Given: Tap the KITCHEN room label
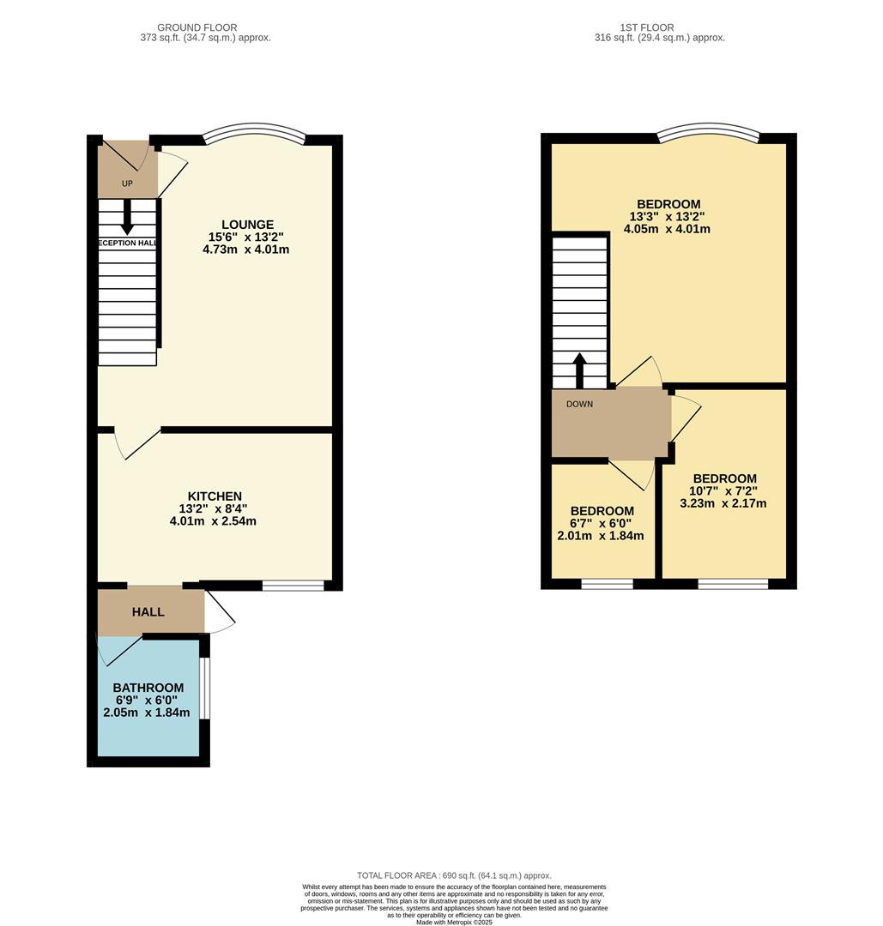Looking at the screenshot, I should click(x=215, y=496).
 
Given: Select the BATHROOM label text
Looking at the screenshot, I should click(x=148, y=688).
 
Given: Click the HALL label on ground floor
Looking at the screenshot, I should click(x=148, y=612).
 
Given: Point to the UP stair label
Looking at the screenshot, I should click(x=127, y=183).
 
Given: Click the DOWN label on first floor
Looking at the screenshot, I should click(x=579, y=404).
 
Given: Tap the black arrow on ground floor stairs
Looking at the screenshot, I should click(x=127, y=217).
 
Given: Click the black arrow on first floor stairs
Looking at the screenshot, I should click(x=579, y=370).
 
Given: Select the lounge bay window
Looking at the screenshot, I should click(x=254, y=132).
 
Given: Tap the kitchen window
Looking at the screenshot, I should click(x=293, y=586).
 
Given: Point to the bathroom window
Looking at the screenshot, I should click(x=204, y=688).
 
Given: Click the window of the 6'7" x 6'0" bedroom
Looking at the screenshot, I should click(x=607, y=584).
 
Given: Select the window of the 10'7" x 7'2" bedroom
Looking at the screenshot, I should click(x=732, y=584).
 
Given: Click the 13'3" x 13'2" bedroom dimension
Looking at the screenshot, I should click(x=667, y=217).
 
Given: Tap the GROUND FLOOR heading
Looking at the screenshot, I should click(x=197, y=27).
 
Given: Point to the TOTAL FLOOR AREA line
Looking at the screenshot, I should click(x=454, y=875).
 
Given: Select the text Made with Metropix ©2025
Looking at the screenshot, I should click(x=454, y=922).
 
